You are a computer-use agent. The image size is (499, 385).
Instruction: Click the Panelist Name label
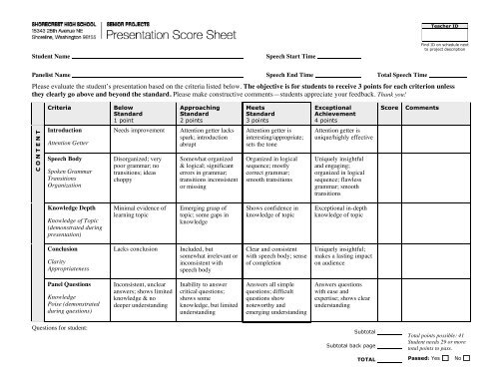click(x=38, y=75)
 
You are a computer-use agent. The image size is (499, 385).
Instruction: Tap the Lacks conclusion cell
click(x=136, y=245)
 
